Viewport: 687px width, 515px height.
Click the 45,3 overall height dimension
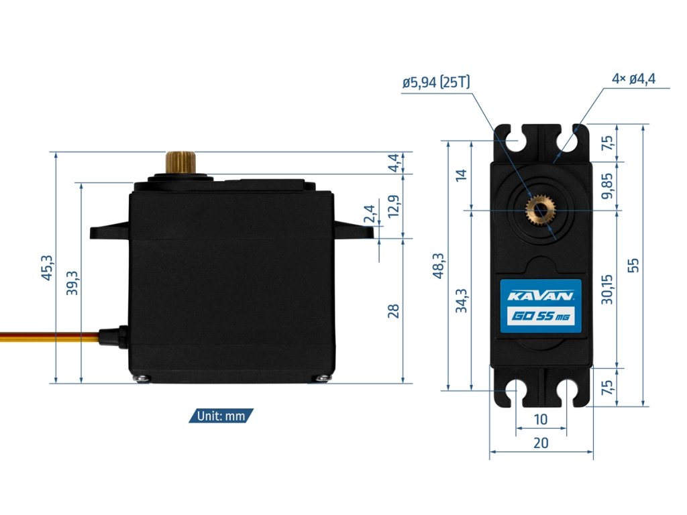47,268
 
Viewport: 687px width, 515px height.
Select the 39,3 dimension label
72,283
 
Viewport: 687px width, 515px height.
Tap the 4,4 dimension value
394,162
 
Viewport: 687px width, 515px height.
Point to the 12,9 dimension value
394,206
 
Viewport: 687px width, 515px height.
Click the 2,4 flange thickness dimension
370,214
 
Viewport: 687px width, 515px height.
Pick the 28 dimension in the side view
394,310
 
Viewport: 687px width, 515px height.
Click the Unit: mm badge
221,416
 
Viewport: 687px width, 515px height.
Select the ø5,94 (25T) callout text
436,82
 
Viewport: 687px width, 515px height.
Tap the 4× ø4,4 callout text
633,78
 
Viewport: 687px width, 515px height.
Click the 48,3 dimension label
438,266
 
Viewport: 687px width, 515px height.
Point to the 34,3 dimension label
462,300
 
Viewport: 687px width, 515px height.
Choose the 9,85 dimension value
608,186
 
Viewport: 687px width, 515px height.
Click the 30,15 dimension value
608,288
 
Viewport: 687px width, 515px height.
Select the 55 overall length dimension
633,266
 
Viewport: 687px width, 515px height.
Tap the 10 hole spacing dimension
541,420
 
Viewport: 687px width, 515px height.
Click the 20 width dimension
541,443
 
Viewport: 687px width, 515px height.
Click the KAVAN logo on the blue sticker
539,296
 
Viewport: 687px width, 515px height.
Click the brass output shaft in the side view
180,162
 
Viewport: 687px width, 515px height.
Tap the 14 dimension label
462,175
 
